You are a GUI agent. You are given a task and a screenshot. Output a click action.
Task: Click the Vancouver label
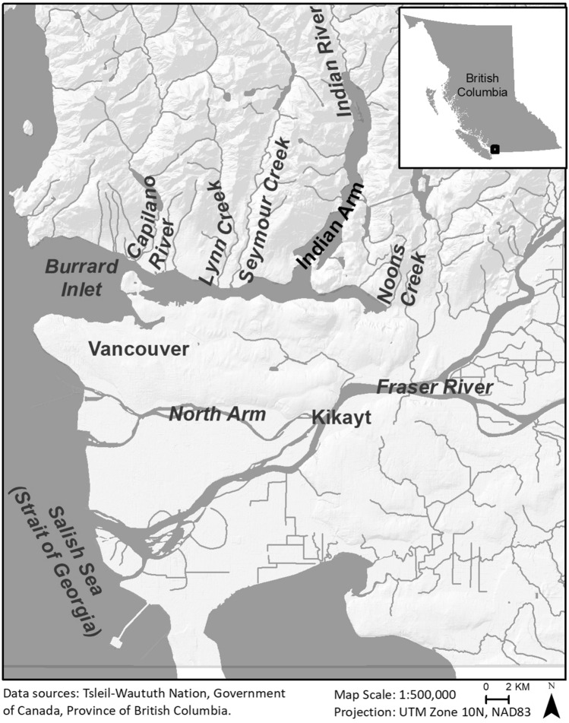click(138, 349)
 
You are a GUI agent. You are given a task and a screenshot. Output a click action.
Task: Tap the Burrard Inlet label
click(72, 278)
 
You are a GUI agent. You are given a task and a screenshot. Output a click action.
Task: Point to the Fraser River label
click(435, 388)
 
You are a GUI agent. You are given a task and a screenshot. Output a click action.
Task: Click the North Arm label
click(217, 414)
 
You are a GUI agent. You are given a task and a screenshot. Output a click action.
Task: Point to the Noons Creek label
click(401, 279)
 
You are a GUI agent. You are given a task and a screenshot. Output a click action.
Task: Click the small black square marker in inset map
click(495, 150)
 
